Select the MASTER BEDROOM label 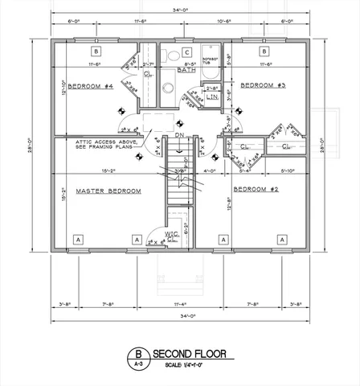(x=108, y=191)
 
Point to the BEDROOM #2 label (x=256, y=190)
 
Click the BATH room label (x=187, y=70)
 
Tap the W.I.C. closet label (x=171, y=235)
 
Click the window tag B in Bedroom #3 (x=264, y=50)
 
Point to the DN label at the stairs (x=181, y=135)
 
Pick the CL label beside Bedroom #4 (x=149, y=74)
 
